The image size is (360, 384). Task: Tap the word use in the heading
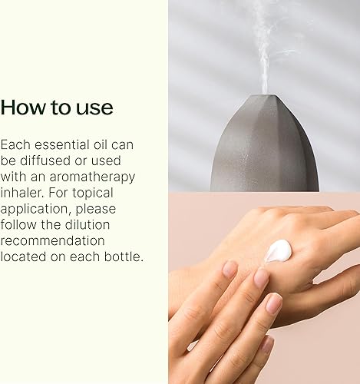94,108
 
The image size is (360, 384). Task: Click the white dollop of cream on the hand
278,250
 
